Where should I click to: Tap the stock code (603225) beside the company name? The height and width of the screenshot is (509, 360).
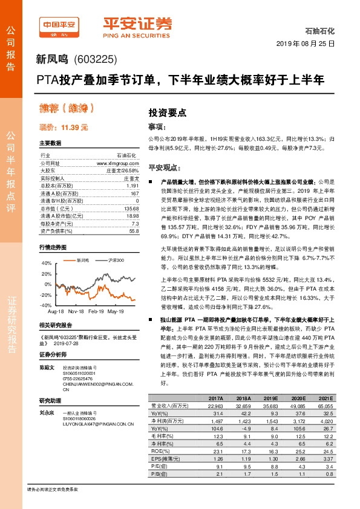click(x=95, y=59)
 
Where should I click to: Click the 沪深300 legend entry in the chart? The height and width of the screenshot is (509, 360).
click(x=99, y=259)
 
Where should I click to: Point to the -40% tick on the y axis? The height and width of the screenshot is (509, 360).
click(x=46, y=306)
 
